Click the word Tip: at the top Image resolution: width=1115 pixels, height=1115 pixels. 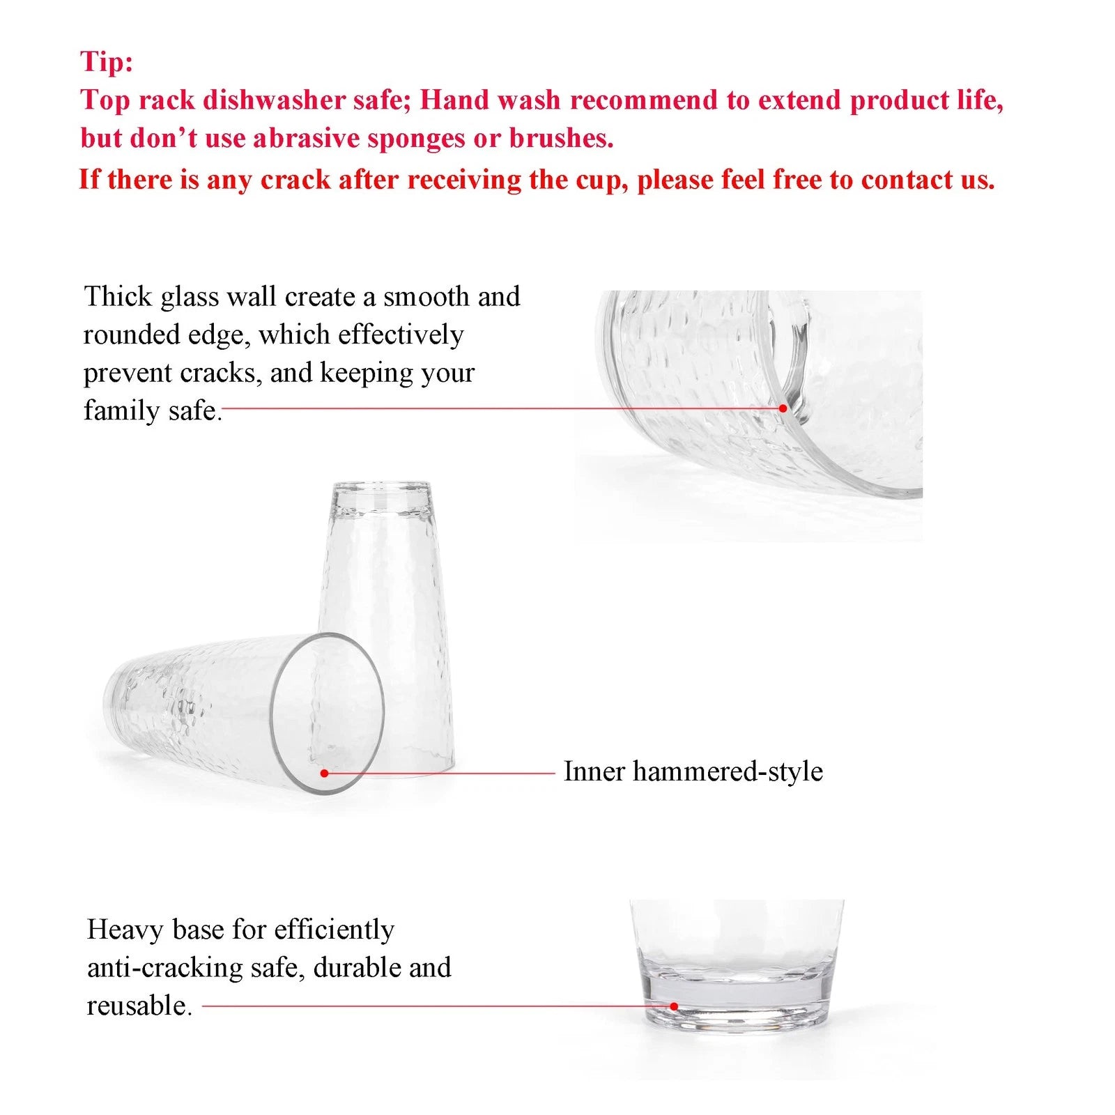pyautogui.click(x=106, y=61)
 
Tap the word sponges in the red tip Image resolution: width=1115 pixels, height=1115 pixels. pyautogui.click(x=416, y=138)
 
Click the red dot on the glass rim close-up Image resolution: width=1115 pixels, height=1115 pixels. pyautogui.click(x=783, y=408)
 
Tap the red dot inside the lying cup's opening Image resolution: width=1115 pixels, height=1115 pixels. pyautogui.click(x=324, y=773)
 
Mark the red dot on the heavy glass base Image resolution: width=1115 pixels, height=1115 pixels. pyautogui.click(x=674, y=1006)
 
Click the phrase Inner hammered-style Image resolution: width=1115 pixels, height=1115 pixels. pyautogui.click(x=693, y=771)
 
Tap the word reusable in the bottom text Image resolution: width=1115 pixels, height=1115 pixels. pyautogui.click(x=138, y=1006)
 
